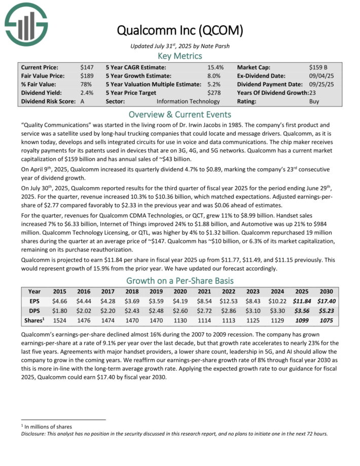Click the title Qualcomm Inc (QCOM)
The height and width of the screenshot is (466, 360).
coord(179,30)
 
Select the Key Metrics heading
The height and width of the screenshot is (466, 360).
coord(179,56)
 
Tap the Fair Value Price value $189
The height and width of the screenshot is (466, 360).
coord(87,76)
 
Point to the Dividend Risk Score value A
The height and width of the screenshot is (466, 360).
coord(82,101)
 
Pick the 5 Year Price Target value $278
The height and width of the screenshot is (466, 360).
coord(215,93)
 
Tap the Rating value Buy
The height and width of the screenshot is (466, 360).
coord(314,101)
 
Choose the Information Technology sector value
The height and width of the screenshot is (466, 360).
coord(188,101)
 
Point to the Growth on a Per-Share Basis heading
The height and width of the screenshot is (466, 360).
coord(179,280)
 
